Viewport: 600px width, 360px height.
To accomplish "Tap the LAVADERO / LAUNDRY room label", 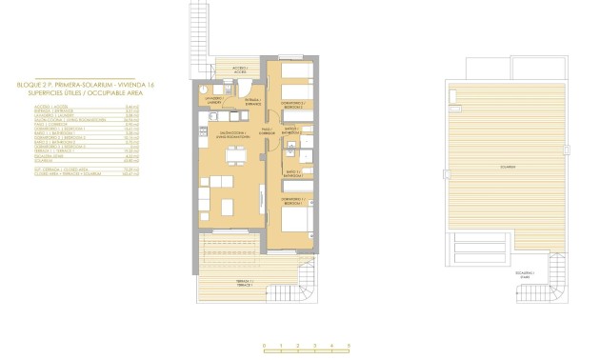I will pyautogui.click(x=213, y=101).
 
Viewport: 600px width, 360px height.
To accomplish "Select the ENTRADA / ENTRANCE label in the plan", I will pyautogui.click(x=251, y=102).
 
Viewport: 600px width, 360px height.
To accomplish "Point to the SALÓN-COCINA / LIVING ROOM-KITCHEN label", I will pyautogui.click(x=234, y=134).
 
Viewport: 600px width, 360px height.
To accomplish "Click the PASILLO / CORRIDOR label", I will pyautogui.click(x=268, y=130).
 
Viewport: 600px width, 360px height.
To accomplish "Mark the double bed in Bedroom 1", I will pyautogui.click(x=299, y=217).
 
